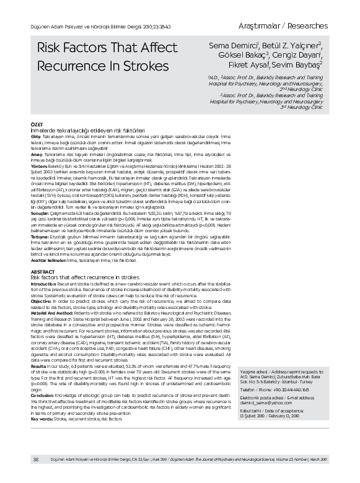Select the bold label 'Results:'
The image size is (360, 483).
(x=41, y=367)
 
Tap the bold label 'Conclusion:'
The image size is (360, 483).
(x=45, y=394)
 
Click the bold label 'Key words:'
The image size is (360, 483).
(x=44, y=419)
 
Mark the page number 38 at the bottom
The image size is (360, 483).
(x=36, y=459)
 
